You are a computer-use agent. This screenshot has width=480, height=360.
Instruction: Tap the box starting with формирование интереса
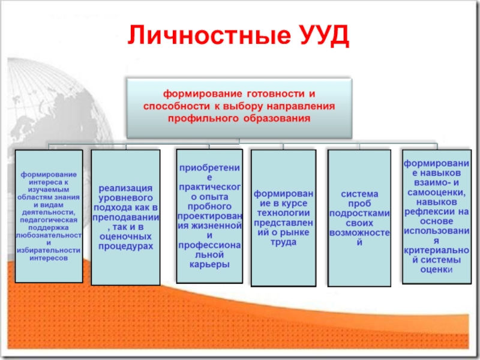coord(49,216)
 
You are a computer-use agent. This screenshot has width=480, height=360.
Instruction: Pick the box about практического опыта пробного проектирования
coord(209,216)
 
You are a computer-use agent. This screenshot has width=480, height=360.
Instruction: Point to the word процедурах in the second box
coord(125,246)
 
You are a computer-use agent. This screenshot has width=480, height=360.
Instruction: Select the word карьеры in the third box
coord(209,264)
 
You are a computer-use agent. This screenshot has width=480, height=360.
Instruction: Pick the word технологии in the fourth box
coord(283,214)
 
